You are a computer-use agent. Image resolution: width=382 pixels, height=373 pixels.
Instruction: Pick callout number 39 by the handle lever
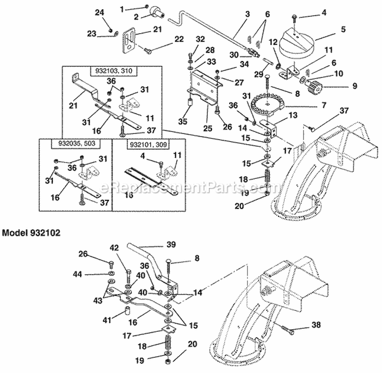tap(172, 245)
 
